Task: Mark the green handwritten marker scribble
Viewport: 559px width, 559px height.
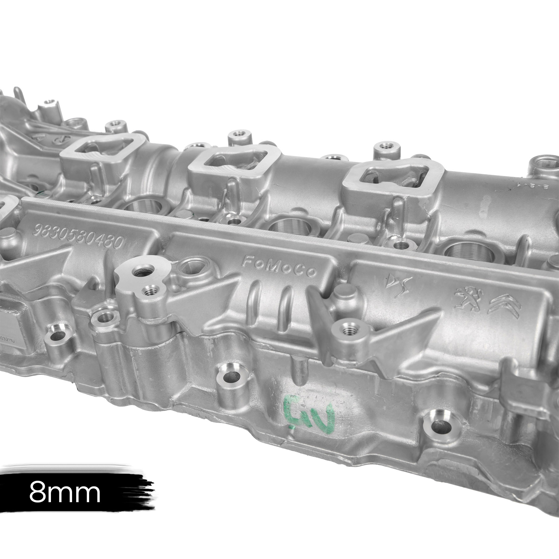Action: pyautogui.click(x=311, y=411)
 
